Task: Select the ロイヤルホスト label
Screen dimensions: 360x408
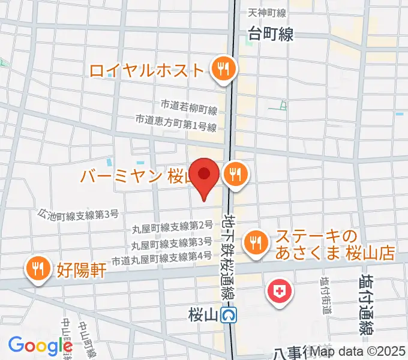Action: pos(147,71)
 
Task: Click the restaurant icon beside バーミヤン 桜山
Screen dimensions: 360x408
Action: pos(233,175)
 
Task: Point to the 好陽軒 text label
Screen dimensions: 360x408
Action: pos(83,271)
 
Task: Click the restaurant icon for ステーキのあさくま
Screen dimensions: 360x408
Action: pos(256,242)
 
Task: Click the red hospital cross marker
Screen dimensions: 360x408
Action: pos(279,292)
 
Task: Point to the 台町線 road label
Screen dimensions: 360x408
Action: pos(271,35)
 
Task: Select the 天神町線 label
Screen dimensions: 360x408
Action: pos(267,13)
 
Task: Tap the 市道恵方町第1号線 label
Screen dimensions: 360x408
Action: pos(175,120)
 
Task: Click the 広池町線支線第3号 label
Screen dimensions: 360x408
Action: pos(78,214)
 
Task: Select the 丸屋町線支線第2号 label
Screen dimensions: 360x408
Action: pos(172,226)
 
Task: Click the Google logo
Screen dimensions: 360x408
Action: pos(40,346)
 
